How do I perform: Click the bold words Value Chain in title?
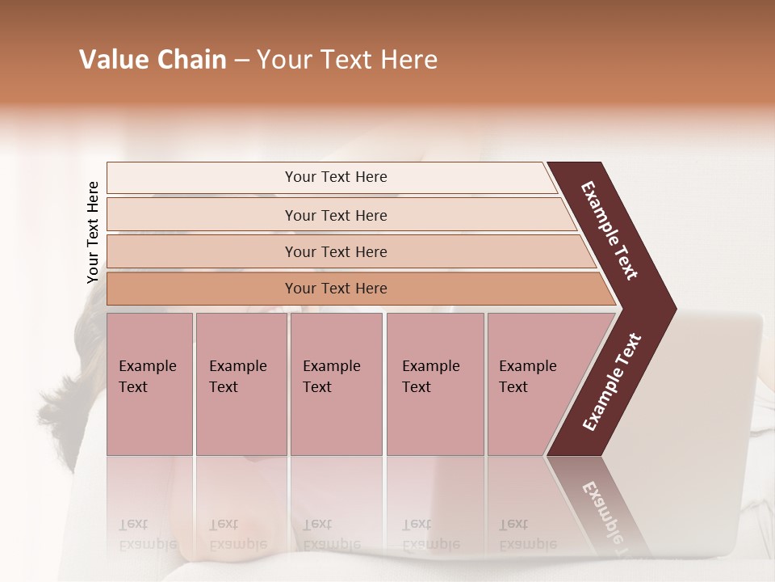click(x=153, y=60)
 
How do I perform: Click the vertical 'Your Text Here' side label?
click(x=93, y=232)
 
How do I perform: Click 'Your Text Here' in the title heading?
click(x=347, y=60)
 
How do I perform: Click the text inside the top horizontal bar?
click(x=336, y=177)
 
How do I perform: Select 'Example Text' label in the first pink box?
click(x=147, y=376)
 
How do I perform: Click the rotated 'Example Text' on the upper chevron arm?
click(x=610, y=230)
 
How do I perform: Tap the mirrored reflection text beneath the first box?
click(x=147, y=533)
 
